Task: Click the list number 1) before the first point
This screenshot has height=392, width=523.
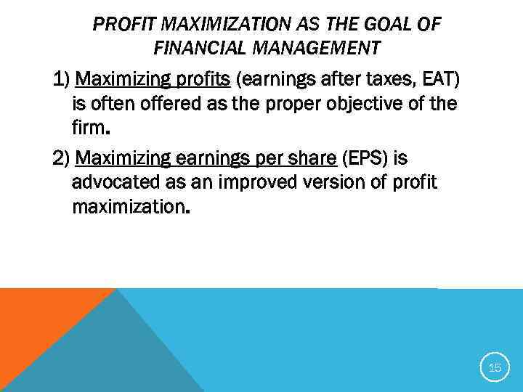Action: pos(62,78)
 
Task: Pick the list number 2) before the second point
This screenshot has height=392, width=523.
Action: pos(62,158)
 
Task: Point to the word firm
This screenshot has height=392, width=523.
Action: pos(89,129)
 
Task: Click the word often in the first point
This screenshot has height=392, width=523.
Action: pos(112,104)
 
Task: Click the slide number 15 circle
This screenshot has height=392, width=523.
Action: pos(495,368)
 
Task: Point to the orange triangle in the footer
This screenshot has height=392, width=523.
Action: pos(36,327)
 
